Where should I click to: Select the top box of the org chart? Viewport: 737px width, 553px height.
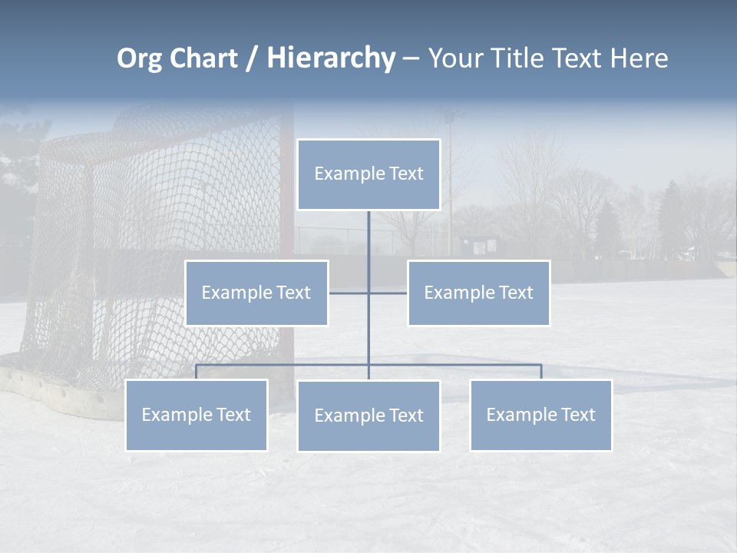(368, 174)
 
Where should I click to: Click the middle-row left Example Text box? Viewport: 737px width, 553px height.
(256, 293)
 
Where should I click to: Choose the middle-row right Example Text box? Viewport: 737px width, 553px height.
(478, 293)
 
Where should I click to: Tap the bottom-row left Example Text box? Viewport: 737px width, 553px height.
(196, 415)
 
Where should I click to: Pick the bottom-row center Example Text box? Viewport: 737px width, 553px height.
(368, 416)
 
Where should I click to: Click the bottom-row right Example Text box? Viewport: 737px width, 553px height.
(540, 415)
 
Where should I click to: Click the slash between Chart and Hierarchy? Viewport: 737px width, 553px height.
(251, 59)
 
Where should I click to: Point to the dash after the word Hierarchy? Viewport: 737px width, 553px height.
(411, 59)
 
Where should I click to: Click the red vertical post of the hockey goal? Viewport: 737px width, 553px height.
(286, 230)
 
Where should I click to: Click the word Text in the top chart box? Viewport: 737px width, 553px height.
(406, 174)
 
